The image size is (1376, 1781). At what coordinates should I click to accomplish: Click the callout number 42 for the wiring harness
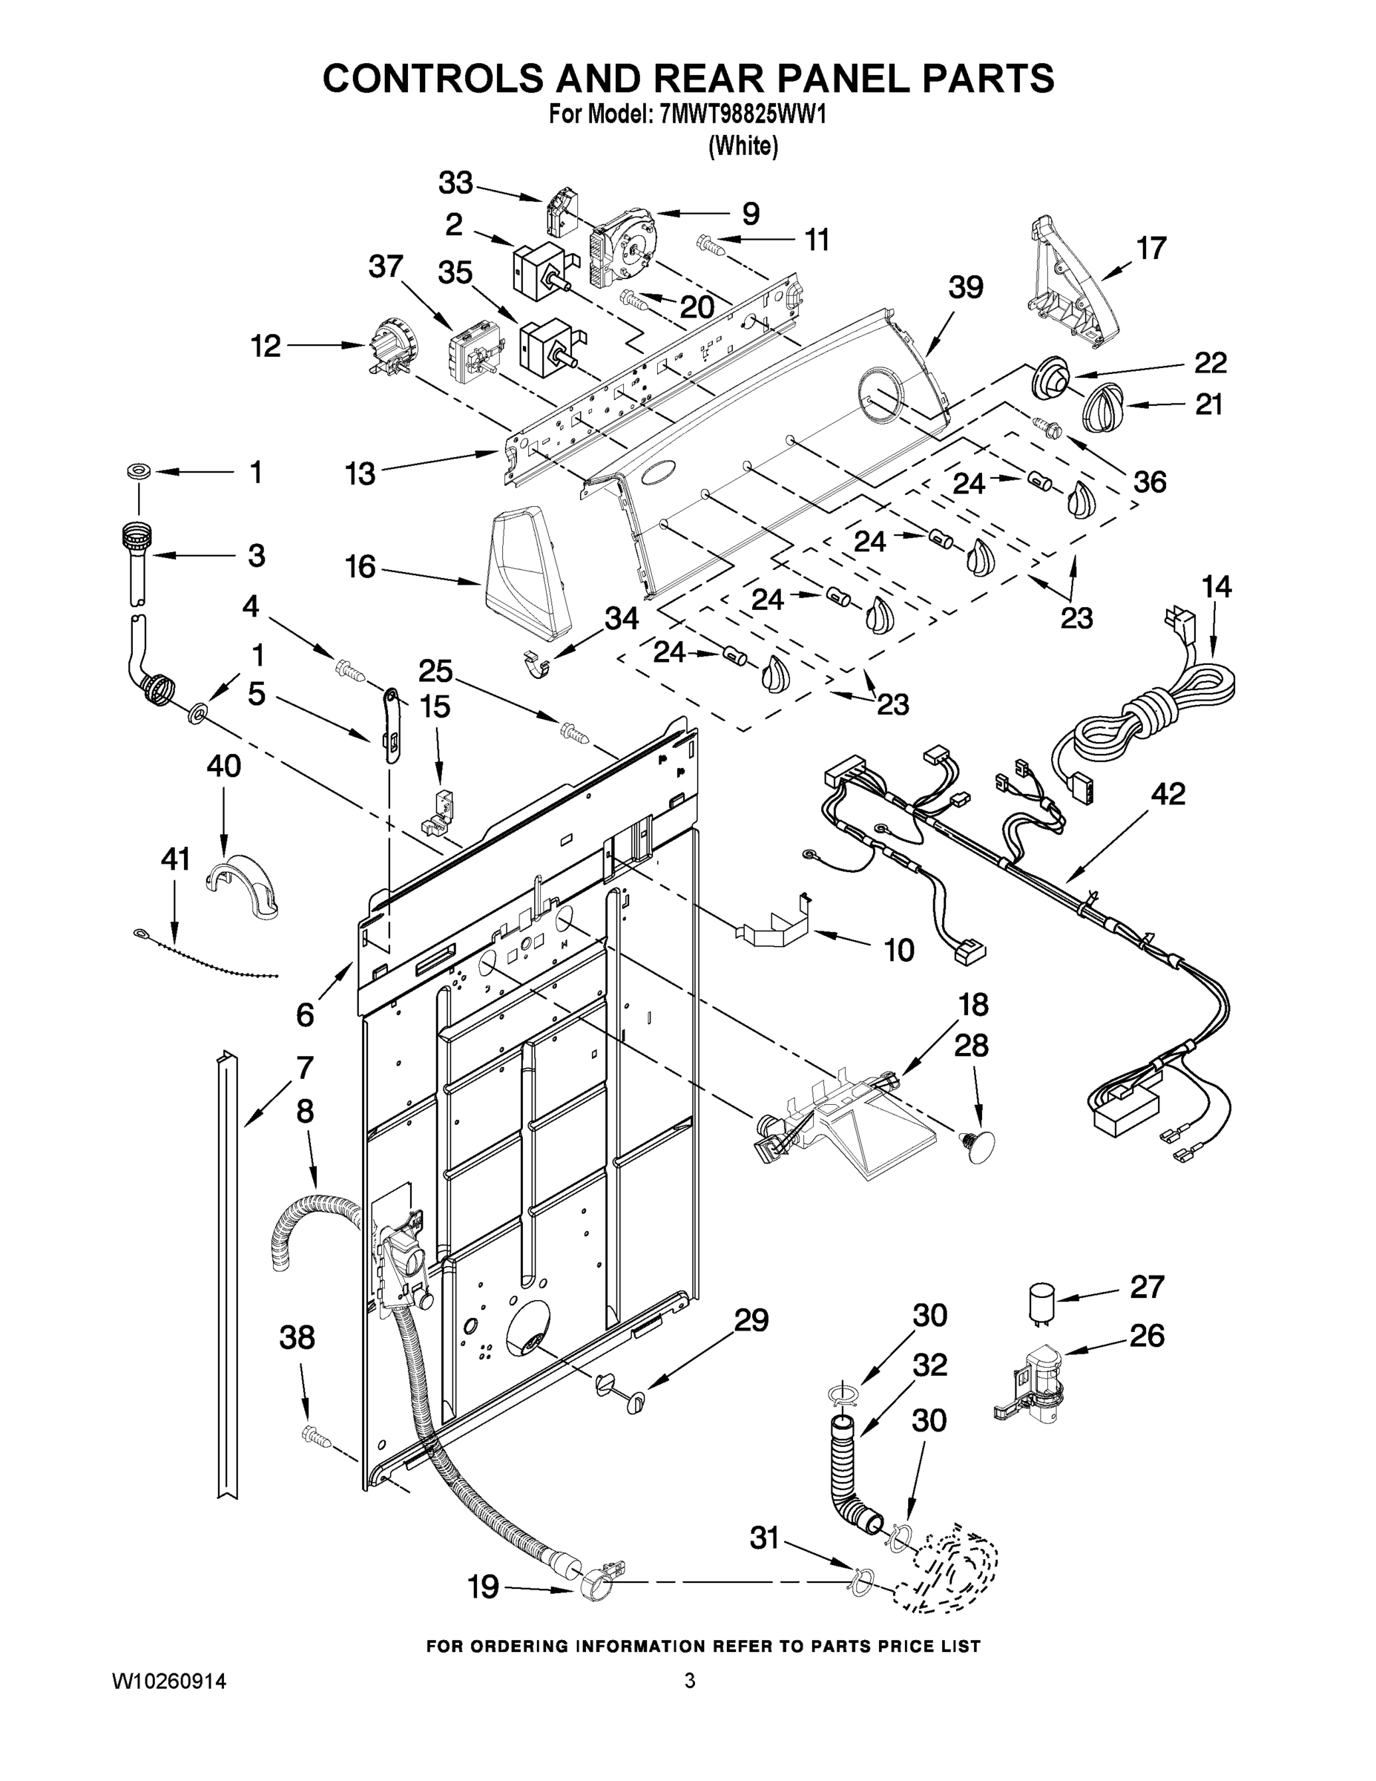[x=1168, y=793]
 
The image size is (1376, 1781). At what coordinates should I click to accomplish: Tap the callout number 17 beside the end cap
[x=1151, y=248]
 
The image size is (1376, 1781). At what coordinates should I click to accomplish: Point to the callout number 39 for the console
[x=965, y=287]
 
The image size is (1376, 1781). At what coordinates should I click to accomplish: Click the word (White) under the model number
[x=743, y=146]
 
